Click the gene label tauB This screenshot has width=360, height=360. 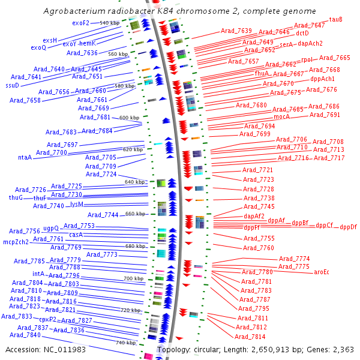(x=337, y=19)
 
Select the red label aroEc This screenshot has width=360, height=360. (x=322, y=272)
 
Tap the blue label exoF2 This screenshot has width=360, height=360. (x=80, y=23)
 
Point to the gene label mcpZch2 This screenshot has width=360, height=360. (x=16, y=242)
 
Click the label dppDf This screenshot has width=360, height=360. (x=348, y=227)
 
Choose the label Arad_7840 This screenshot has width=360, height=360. (x=25, y=335)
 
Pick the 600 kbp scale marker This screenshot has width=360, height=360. (x=128, y=118)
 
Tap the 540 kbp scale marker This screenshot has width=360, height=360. (x=110, y=23)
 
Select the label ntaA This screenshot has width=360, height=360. (x=25, y=157)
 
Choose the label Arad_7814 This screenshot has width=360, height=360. (x=252, y=337)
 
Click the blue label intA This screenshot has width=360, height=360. (x=38, y=274)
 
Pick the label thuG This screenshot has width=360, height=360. (x=16, y=197)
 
